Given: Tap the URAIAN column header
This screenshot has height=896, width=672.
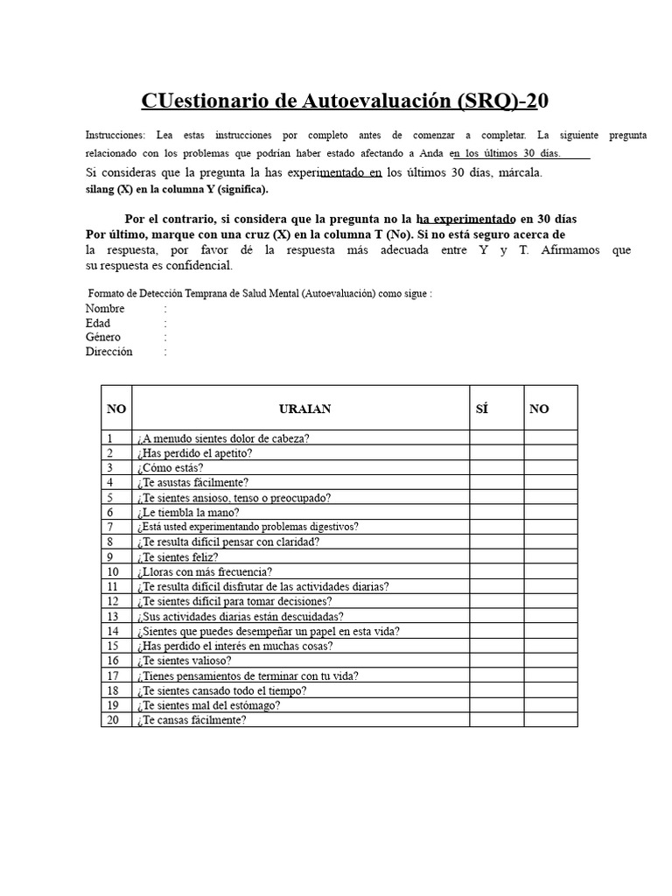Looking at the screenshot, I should point(304,409).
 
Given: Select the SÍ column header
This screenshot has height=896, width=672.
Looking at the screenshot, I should point(482,409).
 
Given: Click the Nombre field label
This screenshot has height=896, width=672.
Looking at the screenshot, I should point(105,309).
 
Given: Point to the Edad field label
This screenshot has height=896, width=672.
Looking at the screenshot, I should point(98,323).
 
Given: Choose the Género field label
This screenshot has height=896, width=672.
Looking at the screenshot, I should point(103,337).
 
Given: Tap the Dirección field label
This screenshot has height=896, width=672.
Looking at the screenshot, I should point(109,352).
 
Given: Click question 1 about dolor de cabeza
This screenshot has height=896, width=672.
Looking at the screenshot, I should point(222,438).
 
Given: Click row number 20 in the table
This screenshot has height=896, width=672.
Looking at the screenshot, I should point(113,720).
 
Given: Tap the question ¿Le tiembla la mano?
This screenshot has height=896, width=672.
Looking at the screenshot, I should point(187,513).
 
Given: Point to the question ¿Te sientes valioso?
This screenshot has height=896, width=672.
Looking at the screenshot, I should point(184,661).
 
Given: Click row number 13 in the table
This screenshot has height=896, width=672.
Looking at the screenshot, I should point(113,616).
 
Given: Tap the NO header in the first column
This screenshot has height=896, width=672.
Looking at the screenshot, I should point(116,409).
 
